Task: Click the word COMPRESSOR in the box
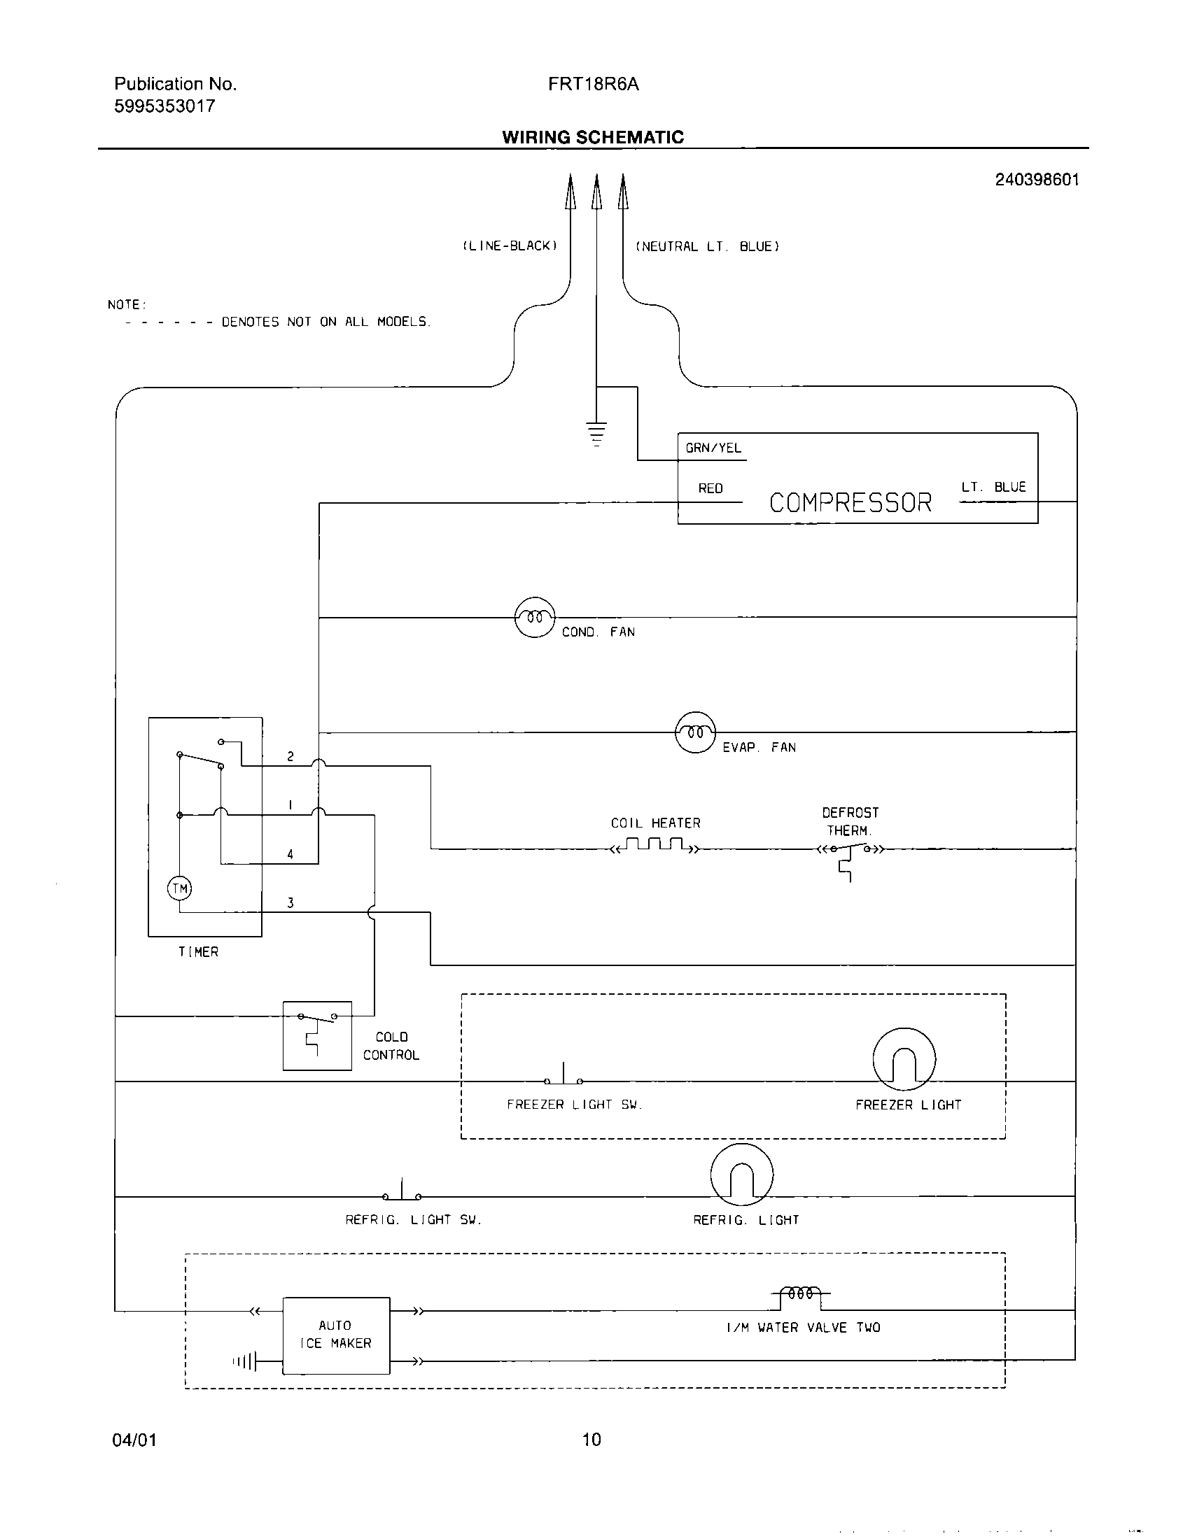point(850,503)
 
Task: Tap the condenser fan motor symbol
point(535,617)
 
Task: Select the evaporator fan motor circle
point(695,732)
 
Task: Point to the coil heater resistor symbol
point(656,845)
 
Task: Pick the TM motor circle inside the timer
point(179,888)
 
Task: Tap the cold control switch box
point(317,1036)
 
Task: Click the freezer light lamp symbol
point(904,1059)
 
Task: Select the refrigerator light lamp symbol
point(741,1175)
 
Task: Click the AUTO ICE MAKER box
point(335,1335)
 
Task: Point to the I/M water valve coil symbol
point(801,1293)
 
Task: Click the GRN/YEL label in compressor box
point(713,448)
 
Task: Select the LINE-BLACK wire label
point(510,246)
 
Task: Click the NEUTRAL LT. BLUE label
point(707,247)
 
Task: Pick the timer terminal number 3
point(290,902)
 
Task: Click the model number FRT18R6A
point(593,85)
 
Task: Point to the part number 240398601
point(1036,180)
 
